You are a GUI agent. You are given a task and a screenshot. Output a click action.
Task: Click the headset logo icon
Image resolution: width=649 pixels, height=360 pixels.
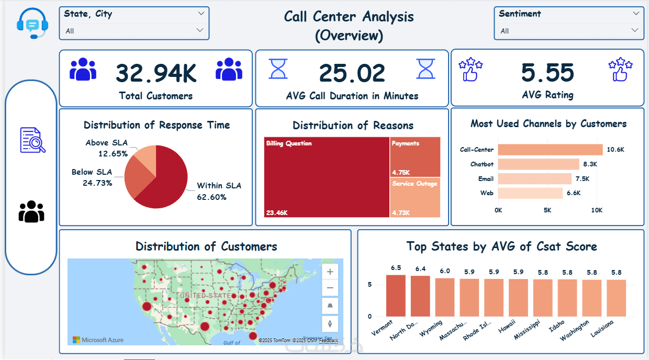point(32,24)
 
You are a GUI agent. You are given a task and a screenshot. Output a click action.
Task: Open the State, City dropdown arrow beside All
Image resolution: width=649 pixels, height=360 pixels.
point(200,30)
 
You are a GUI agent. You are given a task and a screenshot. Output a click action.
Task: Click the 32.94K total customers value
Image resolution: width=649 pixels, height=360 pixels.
point(156,73)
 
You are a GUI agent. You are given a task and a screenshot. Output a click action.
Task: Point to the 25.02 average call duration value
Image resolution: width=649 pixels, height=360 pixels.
point(352,73)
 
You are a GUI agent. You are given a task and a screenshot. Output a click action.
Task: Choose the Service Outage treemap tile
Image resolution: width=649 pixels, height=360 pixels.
point(415,198)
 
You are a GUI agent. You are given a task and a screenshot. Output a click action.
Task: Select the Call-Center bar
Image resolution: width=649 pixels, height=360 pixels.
point(550,150)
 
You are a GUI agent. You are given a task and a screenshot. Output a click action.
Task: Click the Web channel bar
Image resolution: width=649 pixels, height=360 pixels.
point(530,193)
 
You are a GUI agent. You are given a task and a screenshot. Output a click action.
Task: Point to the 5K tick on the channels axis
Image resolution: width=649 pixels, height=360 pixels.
point(547,210)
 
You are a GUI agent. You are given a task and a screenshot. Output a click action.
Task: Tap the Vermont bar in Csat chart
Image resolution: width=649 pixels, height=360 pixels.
point(396,296)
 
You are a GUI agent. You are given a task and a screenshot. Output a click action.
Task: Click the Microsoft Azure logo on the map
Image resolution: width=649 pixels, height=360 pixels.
point(98,340)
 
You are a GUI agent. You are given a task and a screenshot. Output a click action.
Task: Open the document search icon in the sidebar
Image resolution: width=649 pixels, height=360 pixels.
point(32,140)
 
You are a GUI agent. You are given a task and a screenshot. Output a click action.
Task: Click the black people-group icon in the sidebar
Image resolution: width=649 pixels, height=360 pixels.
point(31,211)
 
